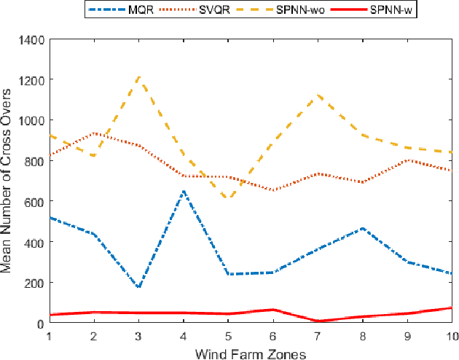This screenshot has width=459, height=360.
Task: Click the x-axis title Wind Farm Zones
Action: click(x=251, y=353)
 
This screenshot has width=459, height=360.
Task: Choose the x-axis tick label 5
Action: click(x=228, y=336)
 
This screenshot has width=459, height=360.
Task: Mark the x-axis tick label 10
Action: click(x=451, y=336)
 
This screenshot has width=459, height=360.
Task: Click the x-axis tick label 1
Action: click(x=50, y=336)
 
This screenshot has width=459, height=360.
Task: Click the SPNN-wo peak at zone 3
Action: click(x=138, y=77)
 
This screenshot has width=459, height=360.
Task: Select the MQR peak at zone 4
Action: click(x=184, y=191)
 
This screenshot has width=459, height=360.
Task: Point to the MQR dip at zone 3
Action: click(x=138, y=287)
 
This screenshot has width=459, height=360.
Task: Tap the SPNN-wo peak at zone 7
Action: click(x=318, y=95)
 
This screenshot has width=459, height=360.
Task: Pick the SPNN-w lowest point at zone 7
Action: click(x=318, y=321)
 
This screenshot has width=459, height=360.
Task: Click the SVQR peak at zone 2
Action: click(x=94, y=133)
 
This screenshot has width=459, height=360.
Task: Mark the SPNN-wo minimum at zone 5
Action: click(x=228, y=198)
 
